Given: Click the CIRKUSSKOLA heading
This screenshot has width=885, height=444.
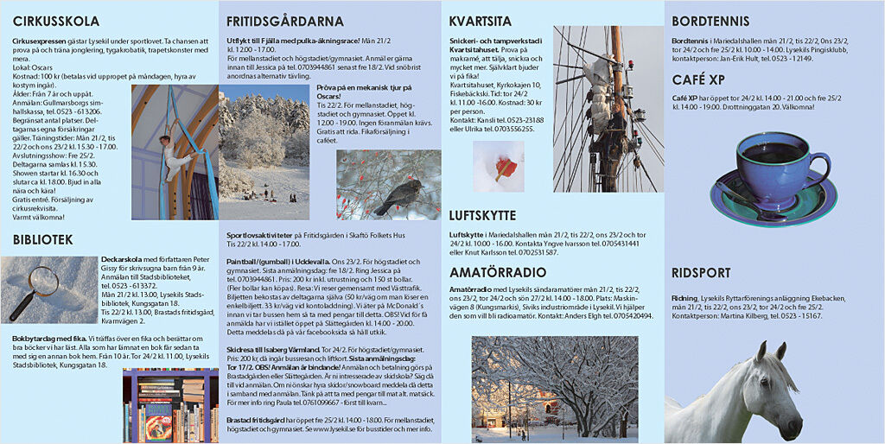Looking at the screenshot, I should click(55, 22).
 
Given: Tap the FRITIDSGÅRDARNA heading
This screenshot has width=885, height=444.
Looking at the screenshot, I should click(284, 22).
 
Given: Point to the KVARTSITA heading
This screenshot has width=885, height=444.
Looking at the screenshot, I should click(481, 22).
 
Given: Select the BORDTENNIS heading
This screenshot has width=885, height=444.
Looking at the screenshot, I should click(710, 22).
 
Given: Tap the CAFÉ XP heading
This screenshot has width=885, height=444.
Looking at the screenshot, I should click(698, 80).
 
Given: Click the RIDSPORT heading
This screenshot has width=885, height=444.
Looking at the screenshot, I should click(701, 273).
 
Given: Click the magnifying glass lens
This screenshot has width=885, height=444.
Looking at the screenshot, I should click(42, 279).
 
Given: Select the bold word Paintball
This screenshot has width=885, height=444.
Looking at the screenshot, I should click(245, 262).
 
